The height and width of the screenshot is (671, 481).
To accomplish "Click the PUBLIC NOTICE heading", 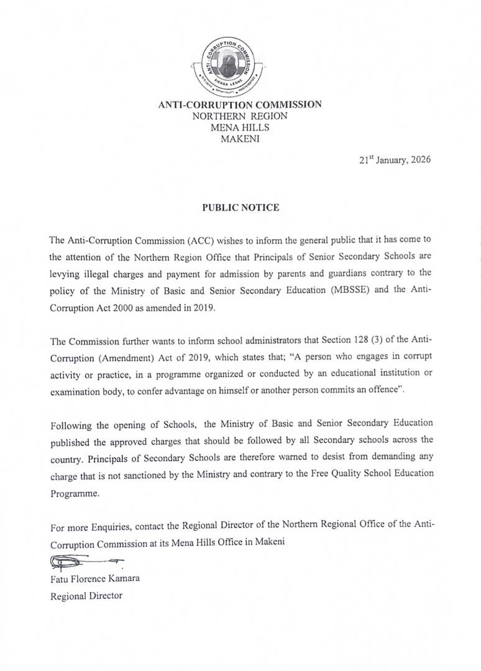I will [x=240, y=208].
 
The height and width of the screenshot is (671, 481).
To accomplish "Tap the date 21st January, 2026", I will [x=395, y=160].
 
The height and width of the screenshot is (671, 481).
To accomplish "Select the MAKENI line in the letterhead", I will [x=240, y=139].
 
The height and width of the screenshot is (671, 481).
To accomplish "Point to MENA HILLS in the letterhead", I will [x=240, y=128].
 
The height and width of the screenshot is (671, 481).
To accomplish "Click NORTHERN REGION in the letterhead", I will [x=240, y=116].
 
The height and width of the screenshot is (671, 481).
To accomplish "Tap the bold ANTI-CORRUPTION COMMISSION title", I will [x=240, y=104].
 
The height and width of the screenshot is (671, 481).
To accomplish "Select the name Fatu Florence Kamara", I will [x=95, y=578].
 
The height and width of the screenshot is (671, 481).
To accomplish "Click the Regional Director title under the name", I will [x=86, y=596].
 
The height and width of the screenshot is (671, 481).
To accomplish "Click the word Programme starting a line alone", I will [x=75, y=494].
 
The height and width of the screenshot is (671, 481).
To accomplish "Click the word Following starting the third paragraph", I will [x=71, y=424].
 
